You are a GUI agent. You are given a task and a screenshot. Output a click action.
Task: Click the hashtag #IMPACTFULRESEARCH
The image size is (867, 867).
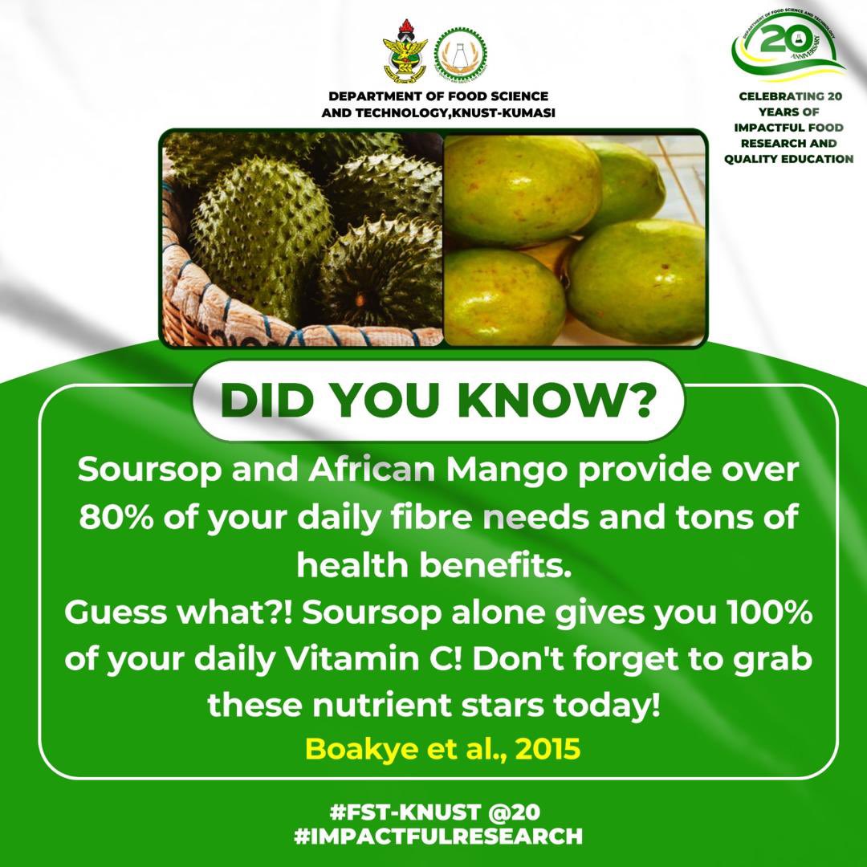coord(438,835)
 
